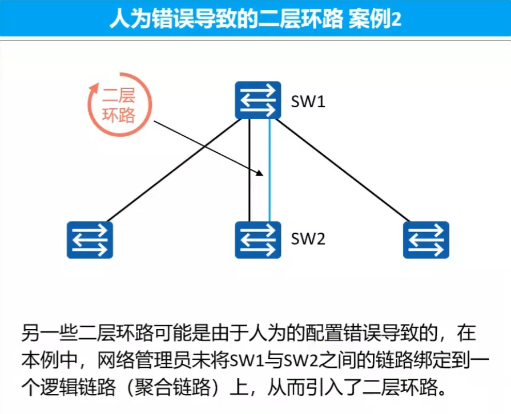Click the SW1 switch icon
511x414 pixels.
point(258,100)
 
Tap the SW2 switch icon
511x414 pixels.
point(258,240)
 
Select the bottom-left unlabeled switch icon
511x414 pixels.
point(90,240)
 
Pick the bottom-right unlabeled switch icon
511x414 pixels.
point(426,240)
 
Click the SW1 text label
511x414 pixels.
point(308,102)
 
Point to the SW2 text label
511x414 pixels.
point(308,239)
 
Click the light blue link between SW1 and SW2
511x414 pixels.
point(269,171)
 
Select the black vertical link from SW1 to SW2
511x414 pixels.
point(250,171)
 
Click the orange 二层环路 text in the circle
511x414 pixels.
point(119,105)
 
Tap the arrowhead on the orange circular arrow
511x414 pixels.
point(92,88)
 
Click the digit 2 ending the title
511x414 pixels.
point(396,19)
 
